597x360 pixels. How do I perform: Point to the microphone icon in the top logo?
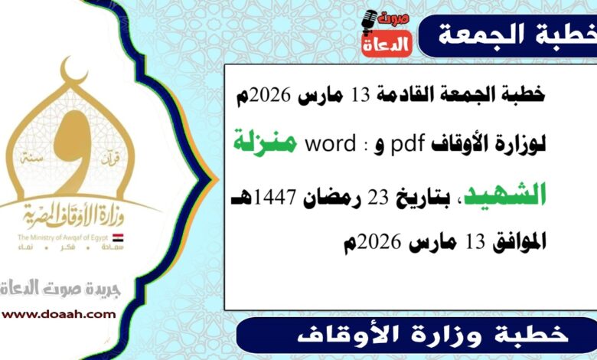[x=370, y=22]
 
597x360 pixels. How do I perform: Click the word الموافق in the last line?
[x=517, y=243]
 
